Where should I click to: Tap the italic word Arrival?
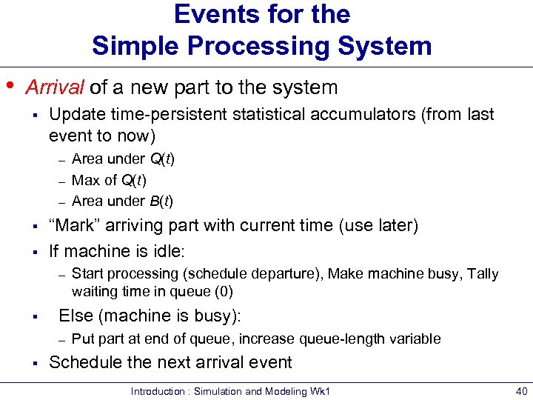55,87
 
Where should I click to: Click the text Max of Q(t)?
109,180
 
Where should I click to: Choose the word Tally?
483,274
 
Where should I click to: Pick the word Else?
74,316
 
